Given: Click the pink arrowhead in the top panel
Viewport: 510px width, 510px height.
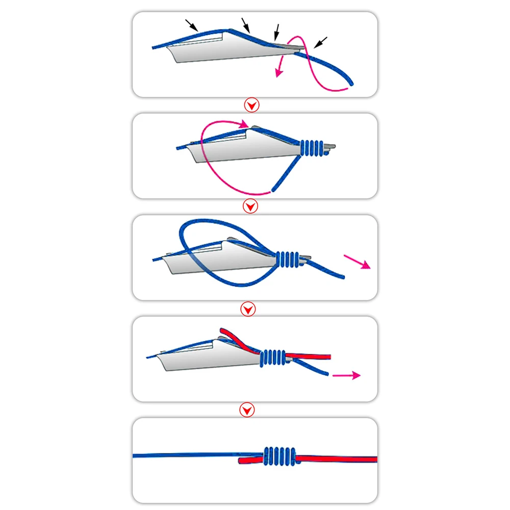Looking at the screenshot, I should click(278, 73).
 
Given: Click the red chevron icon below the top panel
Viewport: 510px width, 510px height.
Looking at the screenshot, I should click(252, 106).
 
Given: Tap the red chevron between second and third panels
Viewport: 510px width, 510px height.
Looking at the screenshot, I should click(250, 207).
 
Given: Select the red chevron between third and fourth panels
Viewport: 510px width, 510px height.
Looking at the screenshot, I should click(248, 309).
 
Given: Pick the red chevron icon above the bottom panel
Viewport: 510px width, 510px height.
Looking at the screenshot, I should click(247, 410).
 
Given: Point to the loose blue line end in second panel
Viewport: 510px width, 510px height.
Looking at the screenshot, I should click(274, 190).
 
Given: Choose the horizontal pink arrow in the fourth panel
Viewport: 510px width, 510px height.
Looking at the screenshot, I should click(346, 375).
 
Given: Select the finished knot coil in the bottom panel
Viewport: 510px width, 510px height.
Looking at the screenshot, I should click(279, 455).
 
